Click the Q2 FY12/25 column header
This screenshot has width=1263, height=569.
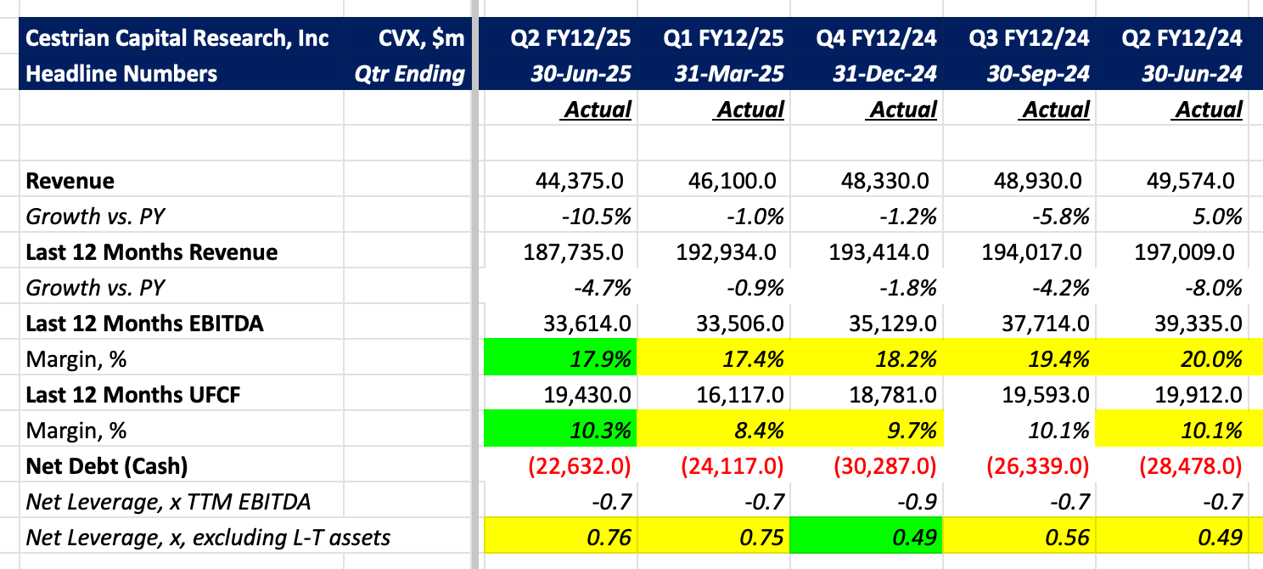[x=570, y=38]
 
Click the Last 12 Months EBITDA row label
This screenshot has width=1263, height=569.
[x=144, y=324]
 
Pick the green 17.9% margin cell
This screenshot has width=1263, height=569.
[x=560, y=359]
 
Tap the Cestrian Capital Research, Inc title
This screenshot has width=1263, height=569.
[x=177, y=38]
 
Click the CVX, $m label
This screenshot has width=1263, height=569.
[x=421, y=38]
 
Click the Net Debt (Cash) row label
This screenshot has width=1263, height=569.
[x=106, y=466]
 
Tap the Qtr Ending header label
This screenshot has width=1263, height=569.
[x=411, y=74]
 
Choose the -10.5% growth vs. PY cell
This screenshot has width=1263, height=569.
[x=596, y=217]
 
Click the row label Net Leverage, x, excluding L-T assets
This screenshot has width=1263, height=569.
[x=209, y=538]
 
